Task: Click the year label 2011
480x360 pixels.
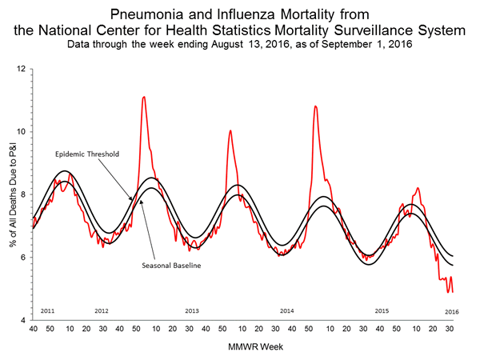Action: (48, 309)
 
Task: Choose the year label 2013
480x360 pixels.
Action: (192, 309)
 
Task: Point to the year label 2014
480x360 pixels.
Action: (288, 309)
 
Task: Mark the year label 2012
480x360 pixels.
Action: (102, 309)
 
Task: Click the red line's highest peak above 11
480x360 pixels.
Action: (143, 97)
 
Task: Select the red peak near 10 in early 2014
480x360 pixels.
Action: (230, 130)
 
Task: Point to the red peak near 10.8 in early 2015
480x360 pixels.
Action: (315, 106)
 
